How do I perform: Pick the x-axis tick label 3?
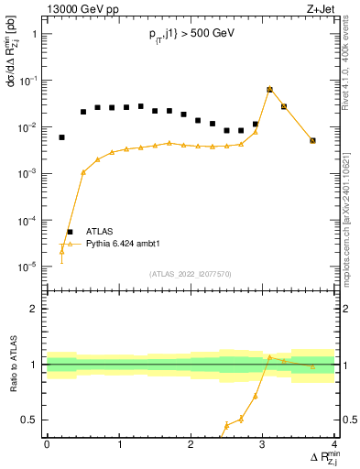click(263, 443)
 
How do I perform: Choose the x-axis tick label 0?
click(47, 443)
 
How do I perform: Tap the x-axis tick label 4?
click(334, 443)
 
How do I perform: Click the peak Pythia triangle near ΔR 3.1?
click(269, 89)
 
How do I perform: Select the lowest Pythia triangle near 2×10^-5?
click(61, 252)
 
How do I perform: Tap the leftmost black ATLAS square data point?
click(61, 137)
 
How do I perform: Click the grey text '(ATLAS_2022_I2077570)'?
click(191, 274)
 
